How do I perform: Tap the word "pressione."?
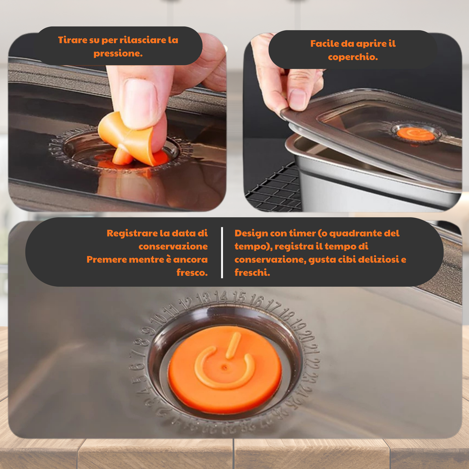point(118,54)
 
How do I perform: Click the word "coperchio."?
point(353,57)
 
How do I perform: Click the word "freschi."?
point(252,273)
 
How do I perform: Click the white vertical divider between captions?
point(222,253)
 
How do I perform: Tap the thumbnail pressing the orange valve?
point(117,122)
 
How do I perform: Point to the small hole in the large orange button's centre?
point(225,367)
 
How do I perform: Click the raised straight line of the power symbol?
point(233,345)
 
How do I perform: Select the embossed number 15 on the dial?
point(239,297)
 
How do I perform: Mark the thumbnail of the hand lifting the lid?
point(353,122)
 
